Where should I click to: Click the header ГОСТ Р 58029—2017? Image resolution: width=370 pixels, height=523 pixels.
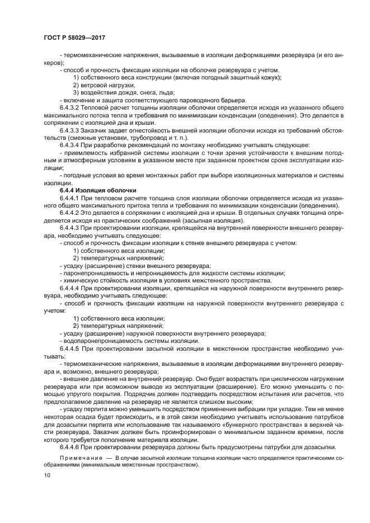(74, 37)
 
